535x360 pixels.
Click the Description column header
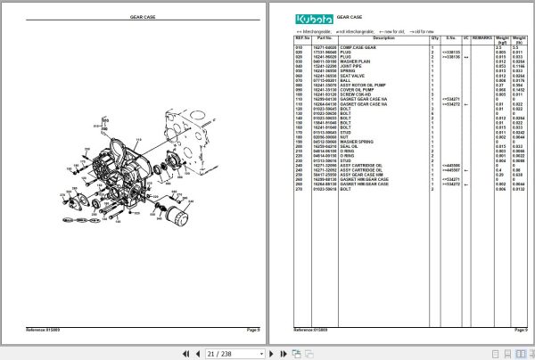[383, 38]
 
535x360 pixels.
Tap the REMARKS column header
[481, 38]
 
